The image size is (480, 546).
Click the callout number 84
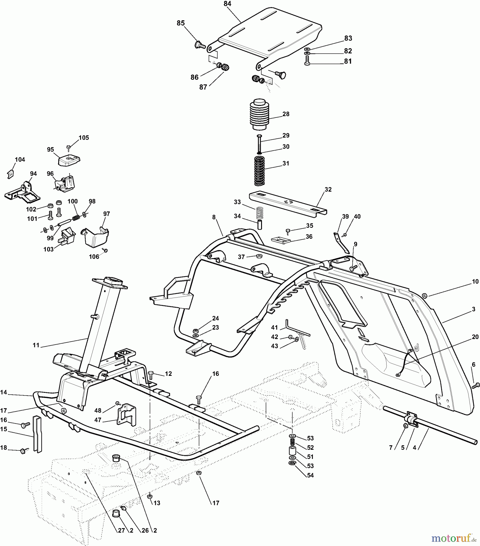tap(227, 4)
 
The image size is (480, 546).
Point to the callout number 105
tap(84, 138)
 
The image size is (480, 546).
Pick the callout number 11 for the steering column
tap(36, 345)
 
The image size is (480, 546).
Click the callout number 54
tap(310, 475)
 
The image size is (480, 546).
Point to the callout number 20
tap(475, 337)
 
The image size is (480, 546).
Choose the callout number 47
tap(97, 420)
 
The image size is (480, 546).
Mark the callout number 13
tap(156, 503)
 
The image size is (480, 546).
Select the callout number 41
tap(274, 328)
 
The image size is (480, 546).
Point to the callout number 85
tap(181, 23)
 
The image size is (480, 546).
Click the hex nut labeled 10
tap(425, 295)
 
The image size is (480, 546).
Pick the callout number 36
tap(309, 237)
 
